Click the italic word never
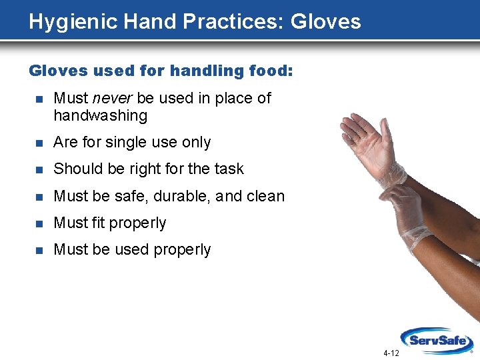point(113,98)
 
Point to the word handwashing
point(100,115)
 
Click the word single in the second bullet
point(125,142)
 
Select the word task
point(228,169)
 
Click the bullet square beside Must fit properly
point(39,223)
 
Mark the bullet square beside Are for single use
point(39,143)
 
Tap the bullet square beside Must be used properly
point(39,250)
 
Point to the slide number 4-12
point(391,353)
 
